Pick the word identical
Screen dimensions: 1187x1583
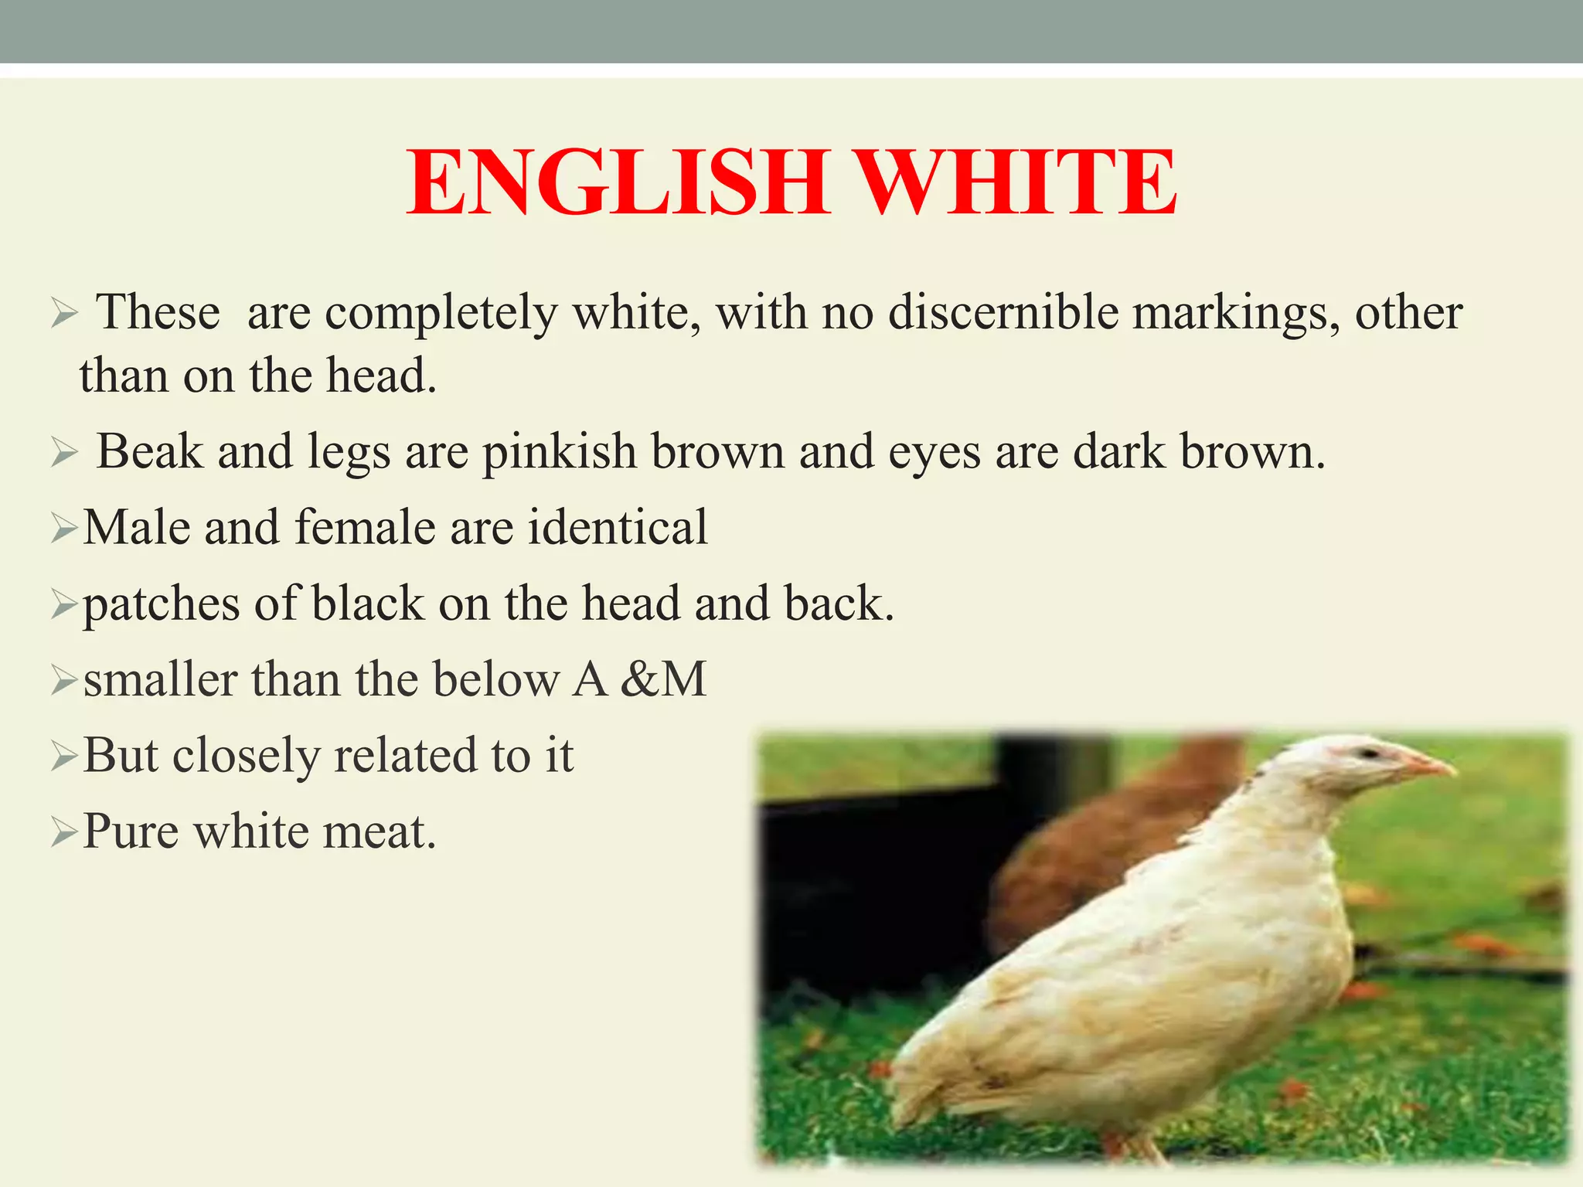(x=618, y=527)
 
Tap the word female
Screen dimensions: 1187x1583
(x=365, y=527)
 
